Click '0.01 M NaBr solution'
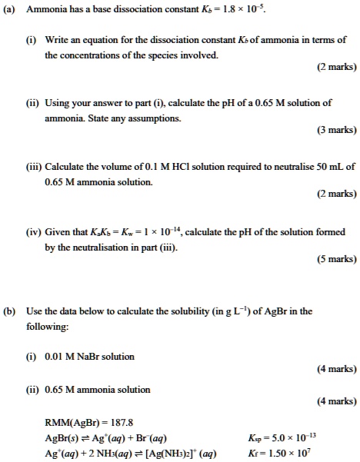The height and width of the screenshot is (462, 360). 91,356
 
